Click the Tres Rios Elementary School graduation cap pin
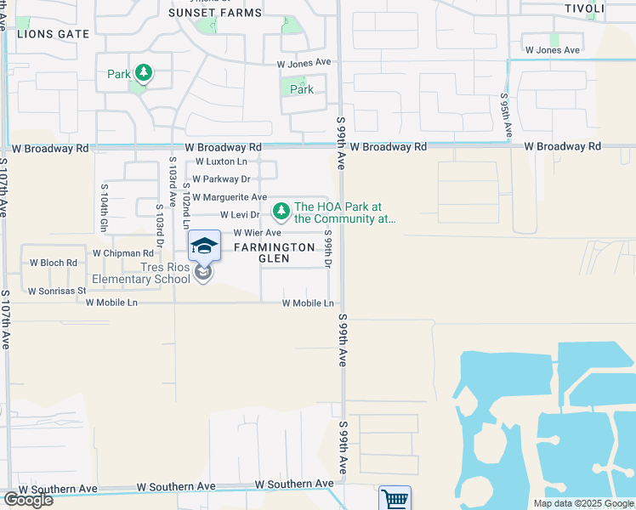click(204, 246)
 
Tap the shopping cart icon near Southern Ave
click(395, 499)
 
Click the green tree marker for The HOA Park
click(281, 210)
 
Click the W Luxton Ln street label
click(221, 161)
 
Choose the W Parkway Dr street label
click(221, 179)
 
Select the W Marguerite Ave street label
click(230, 197)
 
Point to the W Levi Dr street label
click(240, 215)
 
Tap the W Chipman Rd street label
click(122, 253)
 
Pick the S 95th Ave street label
click(506, 116)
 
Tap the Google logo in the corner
click(27, 500)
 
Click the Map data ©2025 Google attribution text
click(582, 503)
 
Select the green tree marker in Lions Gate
click(145, 73)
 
